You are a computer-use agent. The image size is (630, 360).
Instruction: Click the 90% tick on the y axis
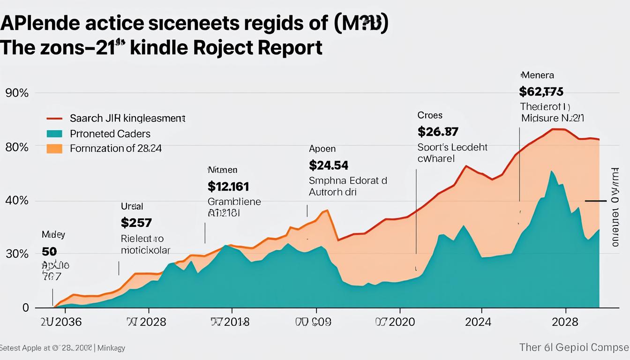[17, 93]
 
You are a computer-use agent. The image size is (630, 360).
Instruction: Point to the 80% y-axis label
[17, 147]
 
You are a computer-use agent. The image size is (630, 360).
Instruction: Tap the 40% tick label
[17, 201]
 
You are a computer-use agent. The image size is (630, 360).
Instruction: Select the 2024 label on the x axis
[478, 322]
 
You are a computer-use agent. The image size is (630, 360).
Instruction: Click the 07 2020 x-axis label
[396, 322]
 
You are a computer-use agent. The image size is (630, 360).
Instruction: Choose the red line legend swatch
[55, 119]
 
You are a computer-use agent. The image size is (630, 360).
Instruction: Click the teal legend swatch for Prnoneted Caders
[55, 134]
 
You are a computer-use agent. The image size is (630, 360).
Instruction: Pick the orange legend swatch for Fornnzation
[55, 149]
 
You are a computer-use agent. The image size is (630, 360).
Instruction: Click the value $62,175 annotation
[541, 91]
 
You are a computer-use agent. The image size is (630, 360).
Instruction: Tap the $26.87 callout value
[438, 131]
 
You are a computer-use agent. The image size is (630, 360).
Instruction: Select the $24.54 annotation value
[329, 165]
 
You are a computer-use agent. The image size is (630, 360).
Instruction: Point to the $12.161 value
[228, 186]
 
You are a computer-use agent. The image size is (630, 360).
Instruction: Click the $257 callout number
[136, 222]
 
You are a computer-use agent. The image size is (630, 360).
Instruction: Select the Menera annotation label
[537, 75]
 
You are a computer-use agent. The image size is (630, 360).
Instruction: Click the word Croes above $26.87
[429, 115]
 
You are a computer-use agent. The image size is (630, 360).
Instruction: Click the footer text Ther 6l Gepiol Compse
[574, 347]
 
